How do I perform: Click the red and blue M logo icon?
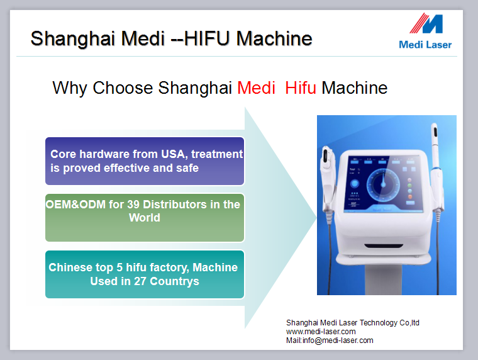pyautogui.click(x=426, y=23)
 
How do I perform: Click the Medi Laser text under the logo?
pyautogui.click(x=425, y=45)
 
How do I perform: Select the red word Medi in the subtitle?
pyautogui.click(x=256, y=88)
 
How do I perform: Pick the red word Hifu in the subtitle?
pyautogui.click(x=301, y=88)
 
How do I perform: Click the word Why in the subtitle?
pyautogui.click(x=70, y=89)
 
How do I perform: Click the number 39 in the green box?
pyautogui.click(x=133, y=205)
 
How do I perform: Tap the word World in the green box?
pyautogui.click(x=145, y=218)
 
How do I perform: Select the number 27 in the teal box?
pyautogui.click(x=140, y=281)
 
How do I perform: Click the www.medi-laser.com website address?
pyautogui.click(x=321, y=332)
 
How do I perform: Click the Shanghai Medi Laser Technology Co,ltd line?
pyautogui.click(x=353, y=323)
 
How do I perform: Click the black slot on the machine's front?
pyautogui.click(x=384, y=246)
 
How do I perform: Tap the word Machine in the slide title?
pyautogui.click(x=274, y=38)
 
